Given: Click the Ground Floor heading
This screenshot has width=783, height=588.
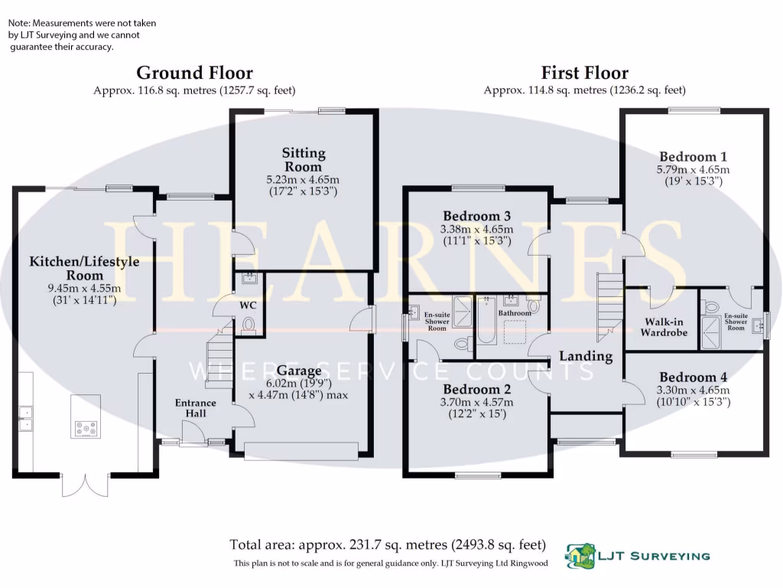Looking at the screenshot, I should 194,73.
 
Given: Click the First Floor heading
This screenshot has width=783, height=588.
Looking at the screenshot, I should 584,73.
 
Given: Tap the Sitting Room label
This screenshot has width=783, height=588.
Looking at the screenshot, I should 303,160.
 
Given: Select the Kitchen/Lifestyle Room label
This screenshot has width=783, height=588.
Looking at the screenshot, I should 84,268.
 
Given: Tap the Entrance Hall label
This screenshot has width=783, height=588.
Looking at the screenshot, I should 196,408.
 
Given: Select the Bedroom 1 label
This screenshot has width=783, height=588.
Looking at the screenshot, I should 694,156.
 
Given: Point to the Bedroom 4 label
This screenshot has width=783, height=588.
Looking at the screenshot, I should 694,377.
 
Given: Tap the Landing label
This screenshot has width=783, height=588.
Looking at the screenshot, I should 586,356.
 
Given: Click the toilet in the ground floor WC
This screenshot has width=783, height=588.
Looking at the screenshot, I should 248,325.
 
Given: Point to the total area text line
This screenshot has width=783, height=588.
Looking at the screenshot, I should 388,545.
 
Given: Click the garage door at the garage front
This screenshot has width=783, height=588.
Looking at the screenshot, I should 301,452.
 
